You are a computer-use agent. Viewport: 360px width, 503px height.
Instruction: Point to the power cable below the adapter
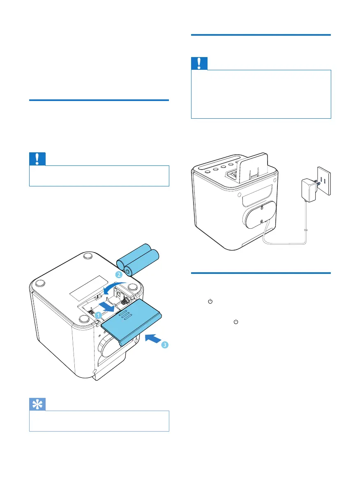(x=306, y=222)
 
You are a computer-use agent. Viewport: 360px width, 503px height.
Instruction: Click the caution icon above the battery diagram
(x=37, y=158)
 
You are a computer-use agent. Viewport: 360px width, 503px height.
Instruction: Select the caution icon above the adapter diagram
(x=199, y=64)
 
